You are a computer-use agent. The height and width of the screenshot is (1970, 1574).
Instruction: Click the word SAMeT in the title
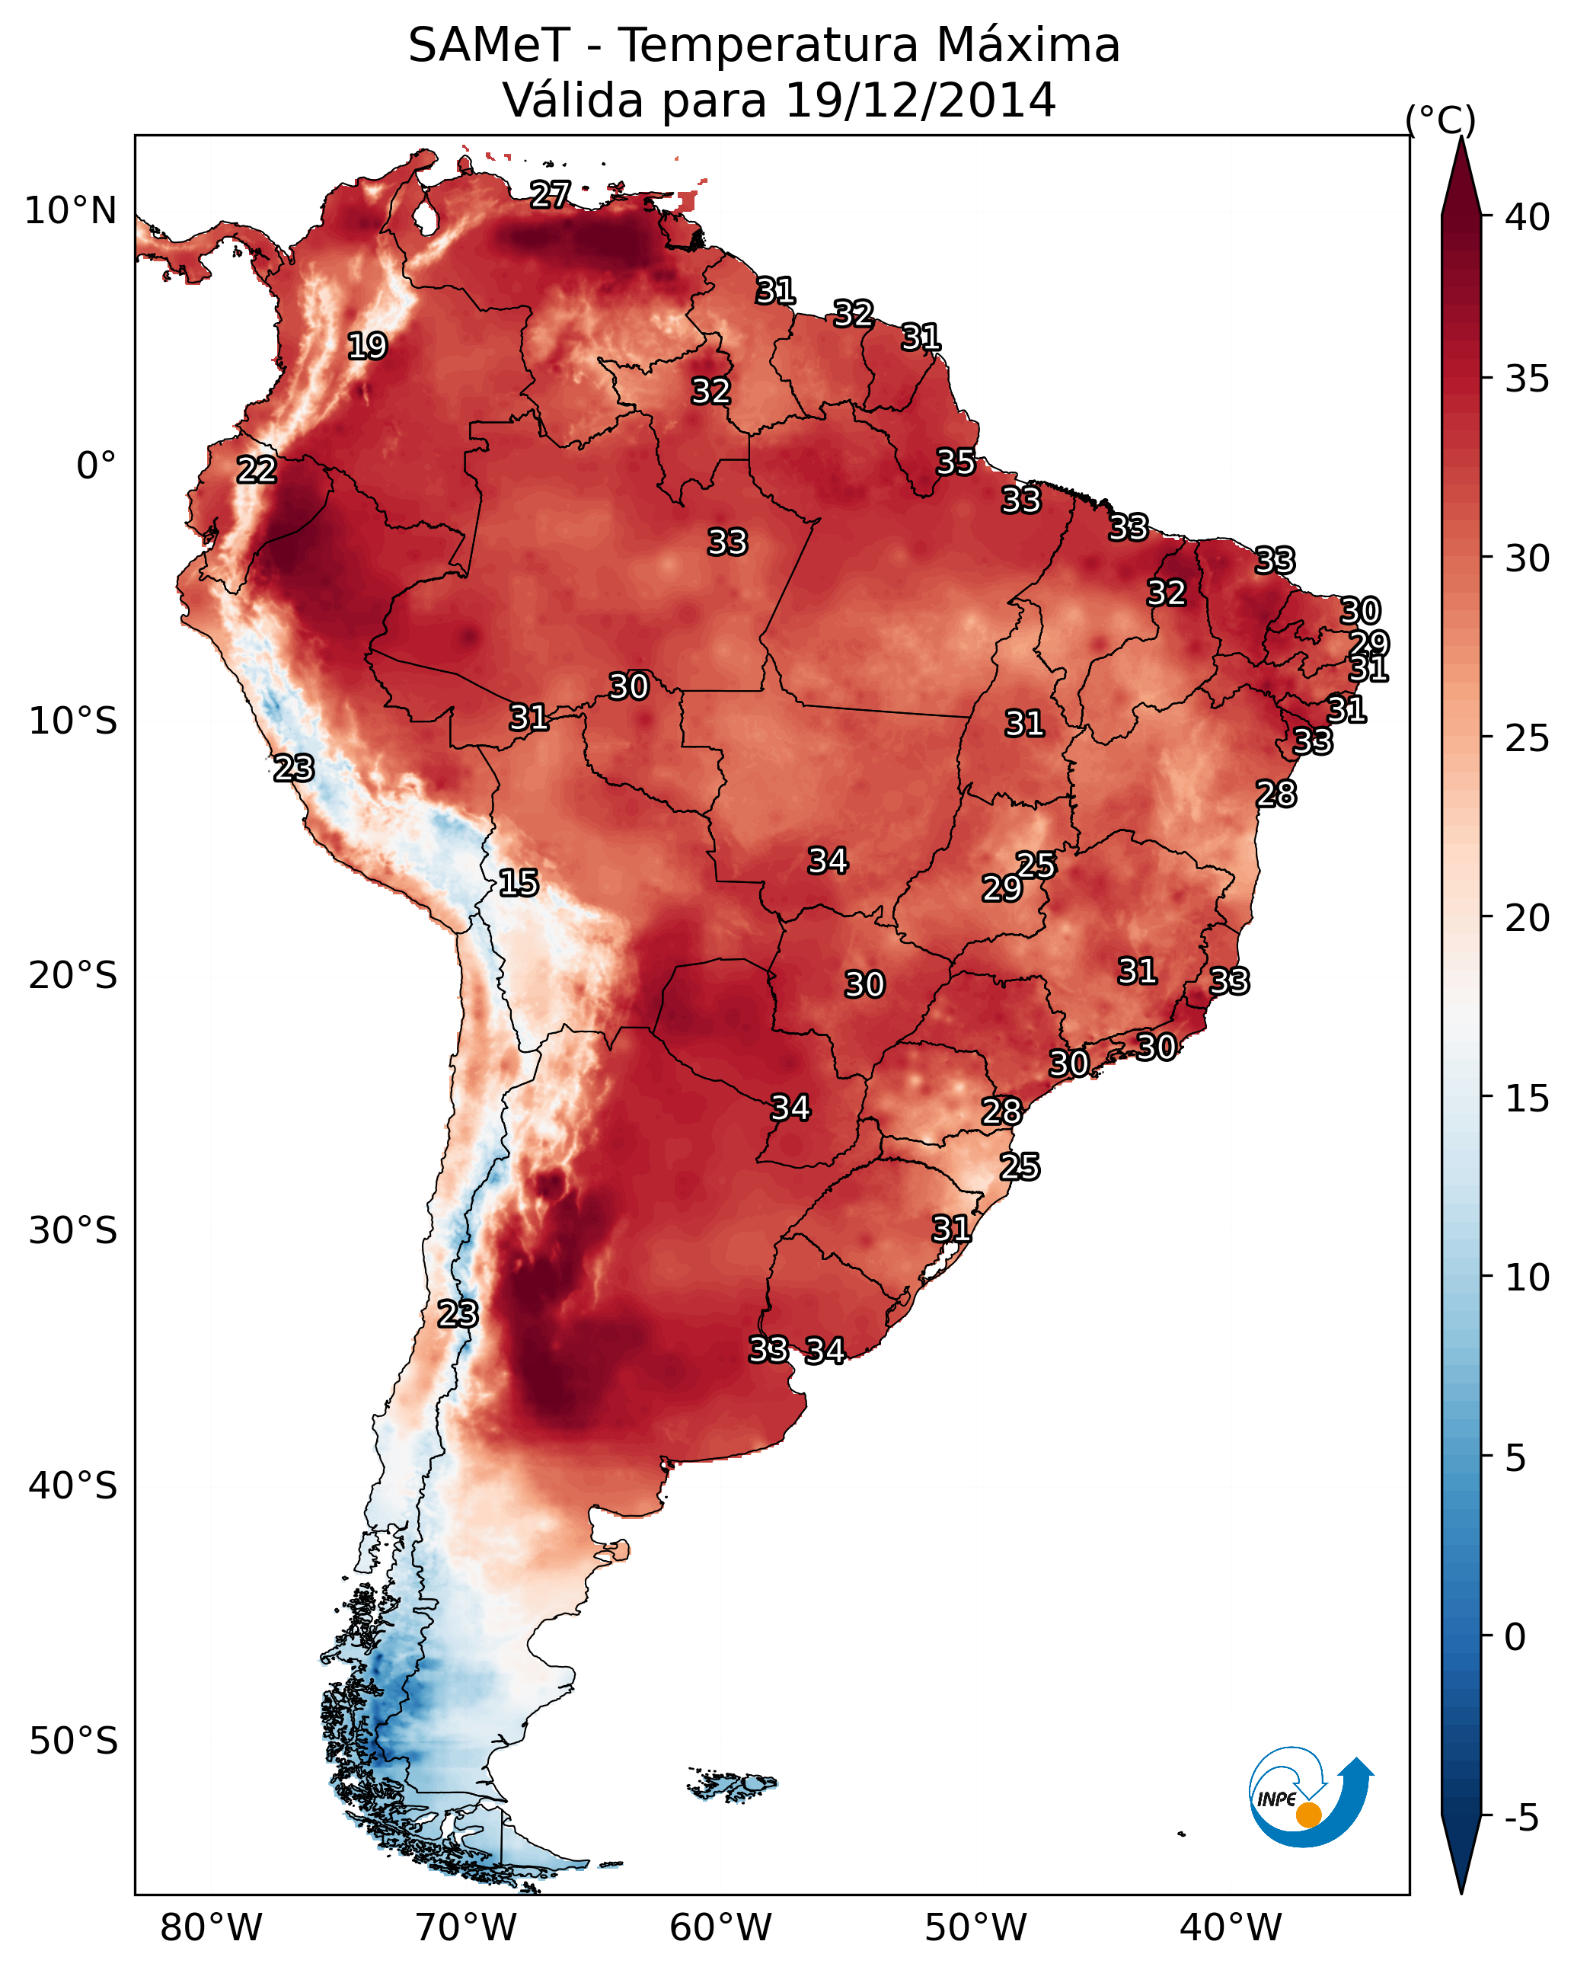[489, 46]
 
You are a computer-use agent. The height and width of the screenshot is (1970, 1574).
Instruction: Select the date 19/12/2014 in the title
[919, 101]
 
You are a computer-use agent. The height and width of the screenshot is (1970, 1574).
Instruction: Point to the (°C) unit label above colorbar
[1440, 120]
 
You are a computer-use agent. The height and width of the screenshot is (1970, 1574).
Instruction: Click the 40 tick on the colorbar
[1527, 217]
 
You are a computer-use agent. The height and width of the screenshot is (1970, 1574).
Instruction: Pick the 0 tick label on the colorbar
[1515, 1637]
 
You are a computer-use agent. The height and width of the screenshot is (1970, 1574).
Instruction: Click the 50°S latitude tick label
[73, 1741]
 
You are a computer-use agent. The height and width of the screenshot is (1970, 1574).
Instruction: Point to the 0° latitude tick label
[96, 466]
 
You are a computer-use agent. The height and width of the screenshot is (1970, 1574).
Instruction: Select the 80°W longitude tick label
[211, 1928]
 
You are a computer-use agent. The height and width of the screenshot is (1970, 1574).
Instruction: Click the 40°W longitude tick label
[1230, 1928]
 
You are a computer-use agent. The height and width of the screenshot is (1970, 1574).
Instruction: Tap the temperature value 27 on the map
[551, 194]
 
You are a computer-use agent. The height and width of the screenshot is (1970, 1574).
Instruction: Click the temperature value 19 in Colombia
[367, 347]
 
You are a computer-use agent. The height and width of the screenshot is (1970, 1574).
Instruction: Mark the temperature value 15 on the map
[518, 883]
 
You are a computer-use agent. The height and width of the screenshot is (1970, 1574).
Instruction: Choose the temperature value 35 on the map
[956, 462]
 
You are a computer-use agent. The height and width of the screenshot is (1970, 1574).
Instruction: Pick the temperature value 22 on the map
[257, 471]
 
